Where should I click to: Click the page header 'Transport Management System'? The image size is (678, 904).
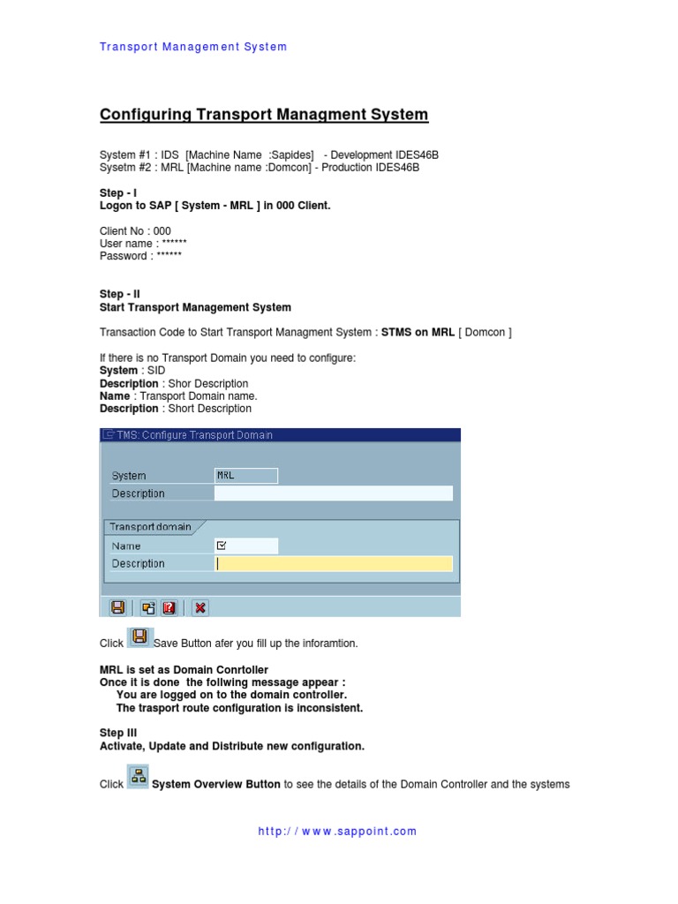pyautogui.click(x=193, y=47)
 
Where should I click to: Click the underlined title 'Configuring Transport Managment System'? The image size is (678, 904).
pyautogui.click(x=264, y=115)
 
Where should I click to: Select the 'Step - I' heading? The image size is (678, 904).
pyautogui.click(x=118, y=192)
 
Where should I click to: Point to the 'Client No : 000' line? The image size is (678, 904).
pyautogui.click(x=135, y=231)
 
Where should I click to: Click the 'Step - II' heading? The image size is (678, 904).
pyautogui.click(x=120, y=294)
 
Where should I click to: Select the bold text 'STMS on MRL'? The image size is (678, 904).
pyautogui.click(x=418, y=332)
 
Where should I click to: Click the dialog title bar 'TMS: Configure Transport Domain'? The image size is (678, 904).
pyautogui.click(x=281, y=434)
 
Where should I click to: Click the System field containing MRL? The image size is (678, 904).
pyautogui.click(x=245, y=476)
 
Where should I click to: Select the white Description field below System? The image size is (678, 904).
pyautogui.click(x=333, y=493)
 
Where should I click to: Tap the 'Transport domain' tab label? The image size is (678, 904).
pyautogui.click(x=150, y=527)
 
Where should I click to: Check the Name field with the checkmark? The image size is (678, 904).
pyautogui.click(x=245, y=546)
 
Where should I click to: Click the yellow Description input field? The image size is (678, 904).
pyautogui.click(x=333, y=563)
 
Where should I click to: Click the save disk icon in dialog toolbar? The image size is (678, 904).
pyautogui.click(x=117, y=607)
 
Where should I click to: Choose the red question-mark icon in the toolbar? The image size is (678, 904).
pyautogui.click(x=169, y=607)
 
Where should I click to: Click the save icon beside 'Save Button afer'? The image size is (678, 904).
pyautogui.click(x=139, y=637)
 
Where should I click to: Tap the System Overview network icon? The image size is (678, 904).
pyautogui.click(x=138, y=777)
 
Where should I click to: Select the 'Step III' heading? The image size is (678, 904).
pyautogui.click(x=118, y=733)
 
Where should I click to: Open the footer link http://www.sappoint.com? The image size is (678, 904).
pyautogui.click(x=337, y=831)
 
